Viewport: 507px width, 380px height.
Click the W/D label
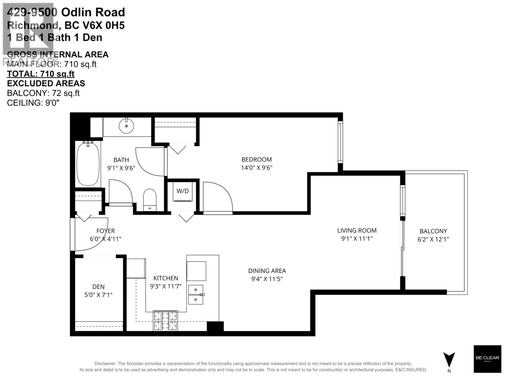click(x=183, y=191)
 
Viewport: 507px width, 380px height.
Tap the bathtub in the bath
click(x=88, y=164)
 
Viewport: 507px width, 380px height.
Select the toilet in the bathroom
click(x=150, y=199)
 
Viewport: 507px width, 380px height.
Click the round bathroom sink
click(x=126, y=126)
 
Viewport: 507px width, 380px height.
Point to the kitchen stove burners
click(x=165, y=320)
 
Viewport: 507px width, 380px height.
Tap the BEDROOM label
click(x=256, y=160)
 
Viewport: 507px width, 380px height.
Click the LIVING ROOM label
click(x=357, y=231)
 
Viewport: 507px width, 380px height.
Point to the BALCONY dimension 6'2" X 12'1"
click(x=433, y=239)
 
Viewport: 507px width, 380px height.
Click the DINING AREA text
click(x=267, y=271)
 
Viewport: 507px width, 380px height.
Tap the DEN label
click(x=98, y=287)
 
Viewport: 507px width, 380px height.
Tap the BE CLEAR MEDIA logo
click(x=487, y=359)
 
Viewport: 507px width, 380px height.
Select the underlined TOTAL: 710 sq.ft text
click(x=41, y=74)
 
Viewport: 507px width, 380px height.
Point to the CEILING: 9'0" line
click(x=33, y=103)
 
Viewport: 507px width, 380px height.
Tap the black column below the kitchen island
click(x=215, y=326)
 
